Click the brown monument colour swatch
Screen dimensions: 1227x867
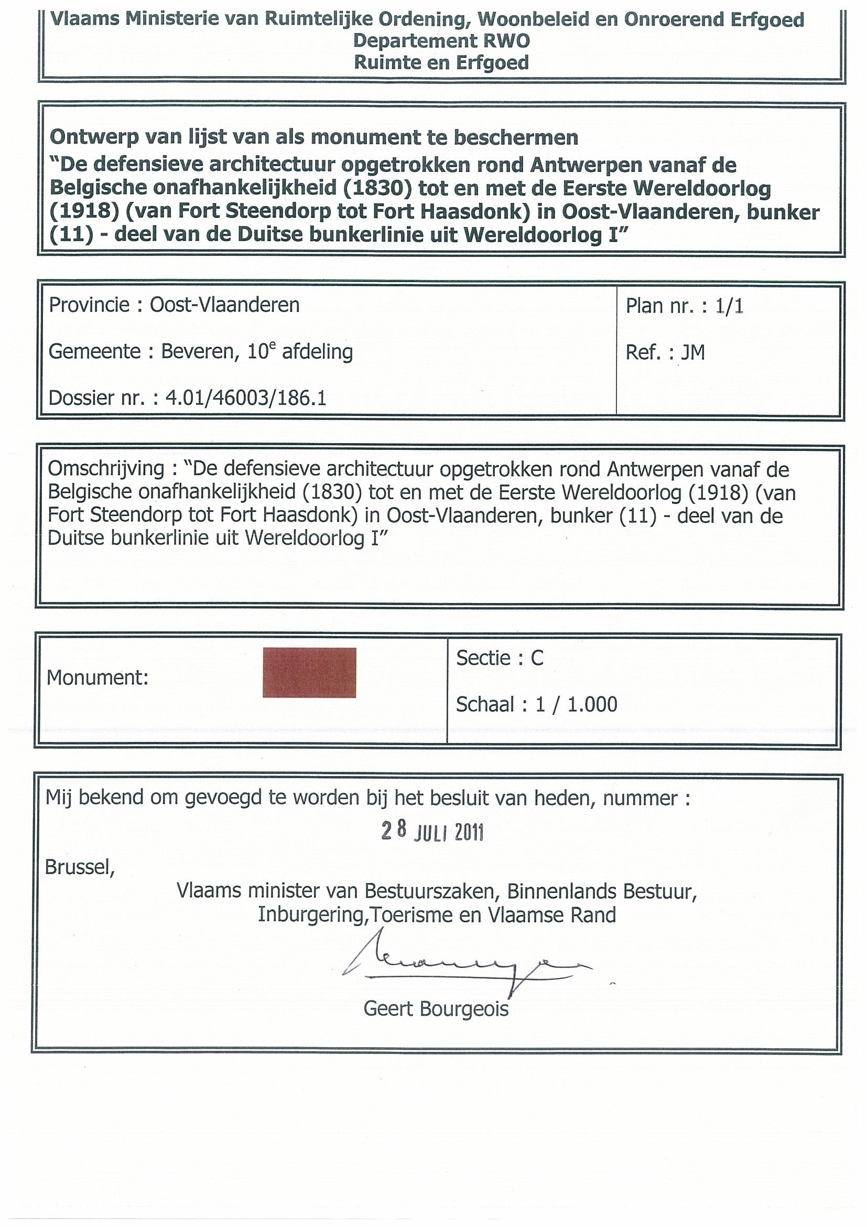[309, 672]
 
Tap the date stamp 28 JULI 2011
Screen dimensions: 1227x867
[431, 832]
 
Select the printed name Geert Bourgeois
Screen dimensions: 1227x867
[436, 1009]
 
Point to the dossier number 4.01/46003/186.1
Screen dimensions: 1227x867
[245, 398]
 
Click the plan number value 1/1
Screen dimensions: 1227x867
[730, 306]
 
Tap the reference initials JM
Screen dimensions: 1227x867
[693, 353]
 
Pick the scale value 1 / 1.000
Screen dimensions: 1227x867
[577, 705]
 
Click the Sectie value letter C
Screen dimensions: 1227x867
[536, 659]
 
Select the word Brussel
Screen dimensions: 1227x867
[79, 867]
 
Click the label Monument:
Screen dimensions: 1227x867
[97, 678]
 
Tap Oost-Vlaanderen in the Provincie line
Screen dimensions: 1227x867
[224, 305]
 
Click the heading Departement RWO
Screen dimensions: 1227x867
[441, 41]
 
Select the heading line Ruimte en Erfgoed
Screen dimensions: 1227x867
[441, 63]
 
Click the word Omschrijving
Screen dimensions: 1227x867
[106, 469]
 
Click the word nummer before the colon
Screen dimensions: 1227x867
[640, 798]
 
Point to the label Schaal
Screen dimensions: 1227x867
[484, 705]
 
